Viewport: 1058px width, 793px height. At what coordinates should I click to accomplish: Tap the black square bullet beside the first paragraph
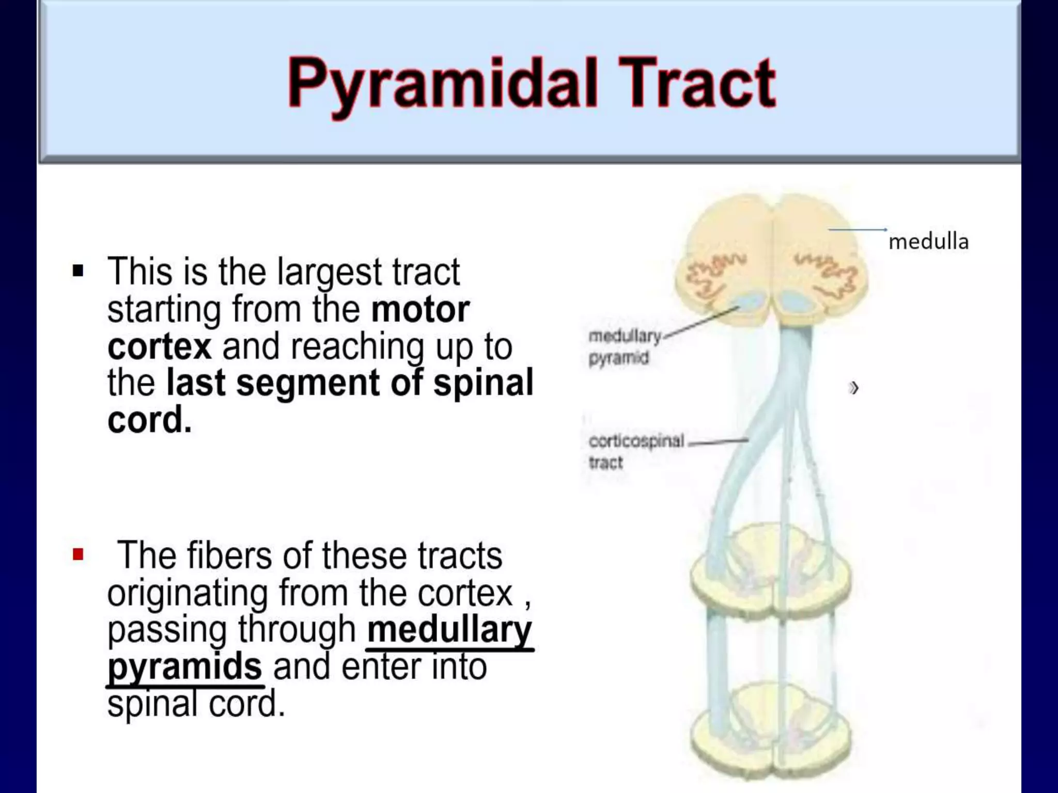click(x=78, y=271)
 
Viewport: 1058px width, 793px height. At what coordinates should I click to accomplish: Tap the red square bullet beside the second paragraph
click(x=78, y=555)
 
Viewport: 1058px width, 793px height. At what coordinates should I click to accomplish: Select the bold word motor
click(x=420, y=309)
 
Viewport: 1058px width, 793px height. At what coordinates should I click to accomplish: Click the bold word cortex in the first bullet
click(x=159, y=346)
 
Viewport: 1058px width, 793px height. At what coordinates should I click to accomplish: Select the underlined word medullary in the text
click(x=449, y=629)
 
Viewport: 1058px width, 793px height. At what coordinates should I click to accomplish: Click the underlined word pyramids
click(x=184, y=667)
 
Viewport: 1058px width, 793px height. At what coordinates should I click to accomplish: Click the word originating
click(x=188, y=593)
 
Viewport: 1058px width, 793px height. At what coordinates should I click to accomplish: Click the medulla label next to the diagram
click(x=928, y=242)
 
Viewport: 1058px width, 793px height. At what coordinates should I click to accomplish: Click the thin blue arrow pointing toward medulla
click(x=858, y=229)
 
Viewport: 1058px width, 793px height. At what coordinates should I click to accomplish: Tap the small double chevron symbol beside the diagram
click(x=853, y=387)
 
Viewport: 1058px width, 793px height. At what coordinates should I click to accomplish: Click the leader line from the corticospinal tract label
click(x=718, y=442)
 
